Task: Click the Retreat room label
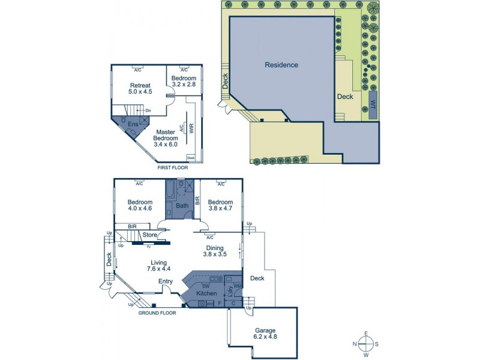[139, 86]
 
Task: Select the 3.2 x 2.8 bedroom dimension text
[184, 85]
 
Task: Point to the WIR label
[191, 128]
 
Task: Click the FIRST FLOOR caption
[173, 168]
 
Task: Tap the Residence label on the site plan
[281, 65]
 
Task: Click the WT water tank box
[373, 104]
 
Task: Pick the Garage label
[264, 331]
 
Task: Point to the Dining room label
[215, 248]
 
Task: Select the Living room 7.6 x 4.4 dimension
[158, 269]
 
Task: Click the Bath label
[182, 206]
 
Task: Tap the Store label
[150, 235]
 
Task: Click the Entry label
[166, 282]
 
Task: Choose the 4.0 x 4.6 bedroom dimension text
[139, 209]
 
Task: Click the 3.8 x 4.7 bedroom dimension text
[220, 209]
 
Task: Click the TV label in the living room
[148, 246]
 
